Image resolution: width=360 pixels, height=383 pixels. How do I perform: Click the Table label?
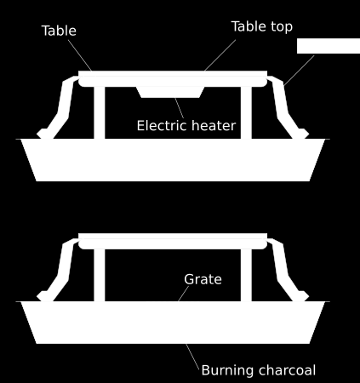click(59, 31)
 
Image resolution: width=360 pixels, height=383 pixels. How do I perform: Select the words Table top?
click(262, 26)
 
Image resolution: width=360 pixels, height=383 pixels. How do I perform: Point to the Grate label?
click(203, 279)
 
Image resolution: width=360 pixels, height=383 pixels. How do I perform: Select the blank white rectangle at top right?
click(329, 46)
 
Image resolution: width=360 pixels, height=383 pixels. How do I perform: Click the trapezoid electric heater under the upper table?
click(170, 92)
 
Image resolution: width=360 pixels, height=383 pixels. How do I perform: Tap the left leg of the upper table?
click(100, 113)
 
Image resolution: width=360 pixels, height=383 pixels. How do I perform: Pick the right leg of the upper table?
click(246, 113)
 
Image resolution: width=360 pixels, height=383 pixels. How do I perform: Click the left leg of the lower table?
click(100, 275)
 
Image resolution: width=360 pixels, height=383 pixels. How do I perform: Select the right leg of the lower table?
click(246, 275)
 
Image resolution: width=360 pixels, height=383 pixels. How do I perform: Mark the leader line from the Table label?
click(80, 55)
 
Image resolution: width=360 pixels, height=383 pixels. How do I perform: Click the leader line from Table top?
click(220, 55)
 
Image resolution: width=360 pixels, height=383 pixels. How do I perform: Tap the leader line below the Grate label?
click(184, 294)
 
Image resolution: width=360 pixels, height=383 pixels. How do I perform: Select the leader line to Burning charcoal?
click(192, 357)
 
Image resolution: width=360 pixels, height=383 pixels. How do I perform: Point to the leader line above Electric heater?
click(180, 108)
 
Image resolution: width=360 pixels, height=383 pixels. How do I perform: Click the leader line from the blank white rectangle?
click(299, 70)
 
